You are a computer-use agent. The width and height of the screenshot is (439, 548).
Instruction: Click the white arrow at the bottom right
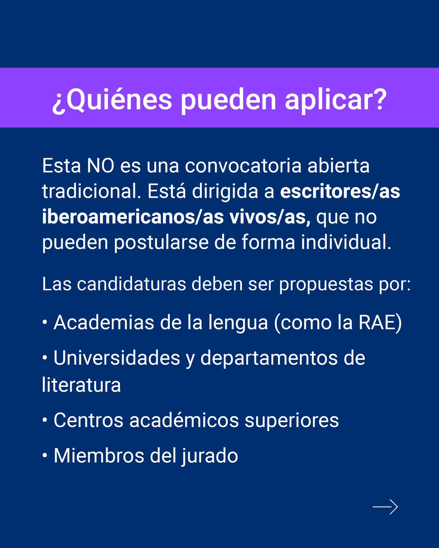385,507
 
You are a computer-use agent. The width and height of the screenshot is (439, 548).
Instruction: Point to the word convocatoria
243,166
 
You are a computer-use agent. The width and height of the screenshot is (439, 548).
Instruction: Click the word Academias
100,323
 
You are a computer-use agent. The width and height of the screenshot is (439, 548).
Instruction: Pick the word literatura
81,385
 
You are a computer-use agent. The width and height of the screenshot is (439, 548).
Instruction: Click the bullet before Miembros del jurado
45,456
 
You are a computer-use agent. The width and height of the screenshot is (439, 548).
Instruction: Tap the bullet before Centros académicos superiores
45,420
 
